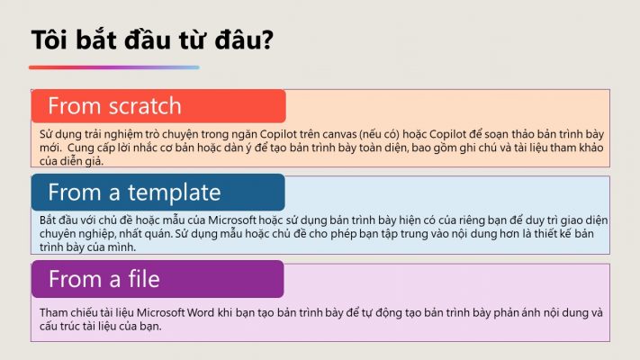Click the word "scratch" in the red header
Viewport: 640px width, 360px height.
coord(145,106)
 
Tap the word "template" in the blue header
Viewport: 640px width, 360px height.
coord(175,193)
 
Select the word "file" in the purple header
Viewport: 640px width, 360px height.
coord(144,279)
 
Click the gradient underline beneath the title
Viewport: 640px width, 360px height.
coord(114,67)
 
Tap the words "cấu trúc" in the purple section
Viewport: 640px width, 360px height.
coord(59,326)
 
